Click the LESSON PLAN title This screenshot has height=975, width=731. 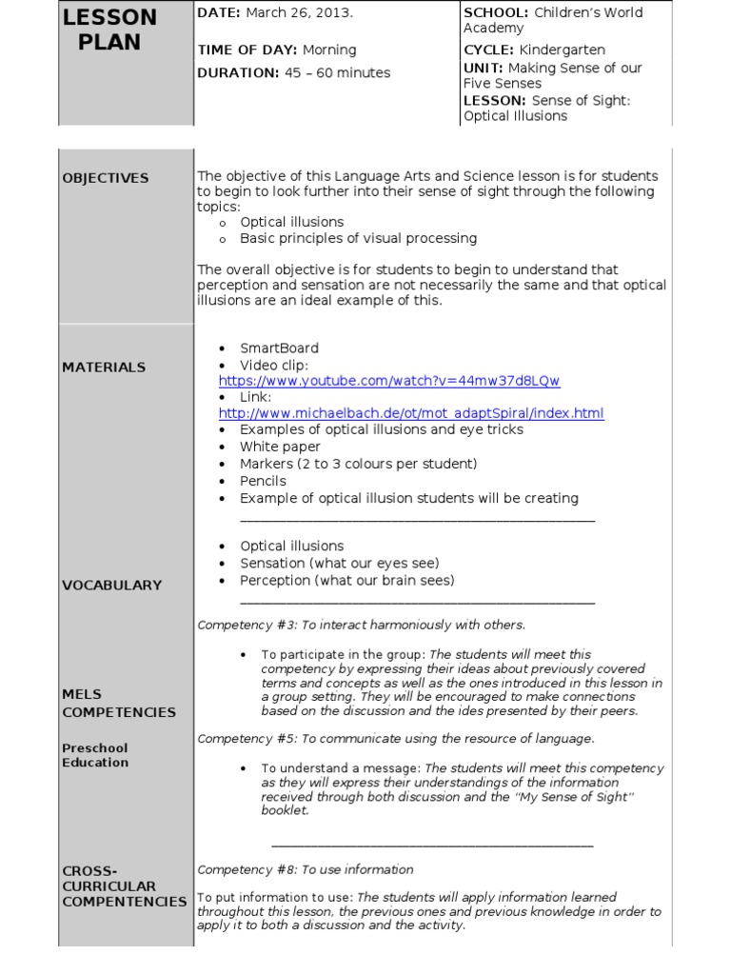pos(110,30)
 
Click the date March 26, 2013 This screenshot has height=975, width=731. pos(299,12)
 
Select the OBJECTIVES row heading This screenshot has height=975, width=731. pos(106,178)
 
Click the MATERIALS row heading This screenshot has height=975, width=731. pos(104,367)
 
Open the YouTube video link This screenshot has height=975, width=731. pos(389,381)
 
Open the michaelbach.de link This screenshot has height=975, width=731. pos(411,413)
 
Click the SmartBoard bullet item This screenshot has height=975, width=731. pos(279,348)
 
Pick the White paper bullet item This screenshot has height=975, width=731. pos(280,447)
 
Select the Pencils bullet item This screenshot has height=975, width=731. pos(263,481)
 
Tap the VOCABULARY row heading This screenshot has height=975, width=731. pos(111,586)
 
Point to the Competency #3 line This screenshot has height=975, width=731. pos(361,625)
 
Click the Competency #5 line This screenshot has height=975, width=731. pos(395,738)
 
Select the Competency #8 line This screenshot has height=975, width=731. pos(305,869)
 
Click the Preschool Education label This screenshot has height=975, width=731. pos(95,755)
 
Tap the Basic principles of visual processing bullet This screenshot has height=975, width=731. pos(358,238)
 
